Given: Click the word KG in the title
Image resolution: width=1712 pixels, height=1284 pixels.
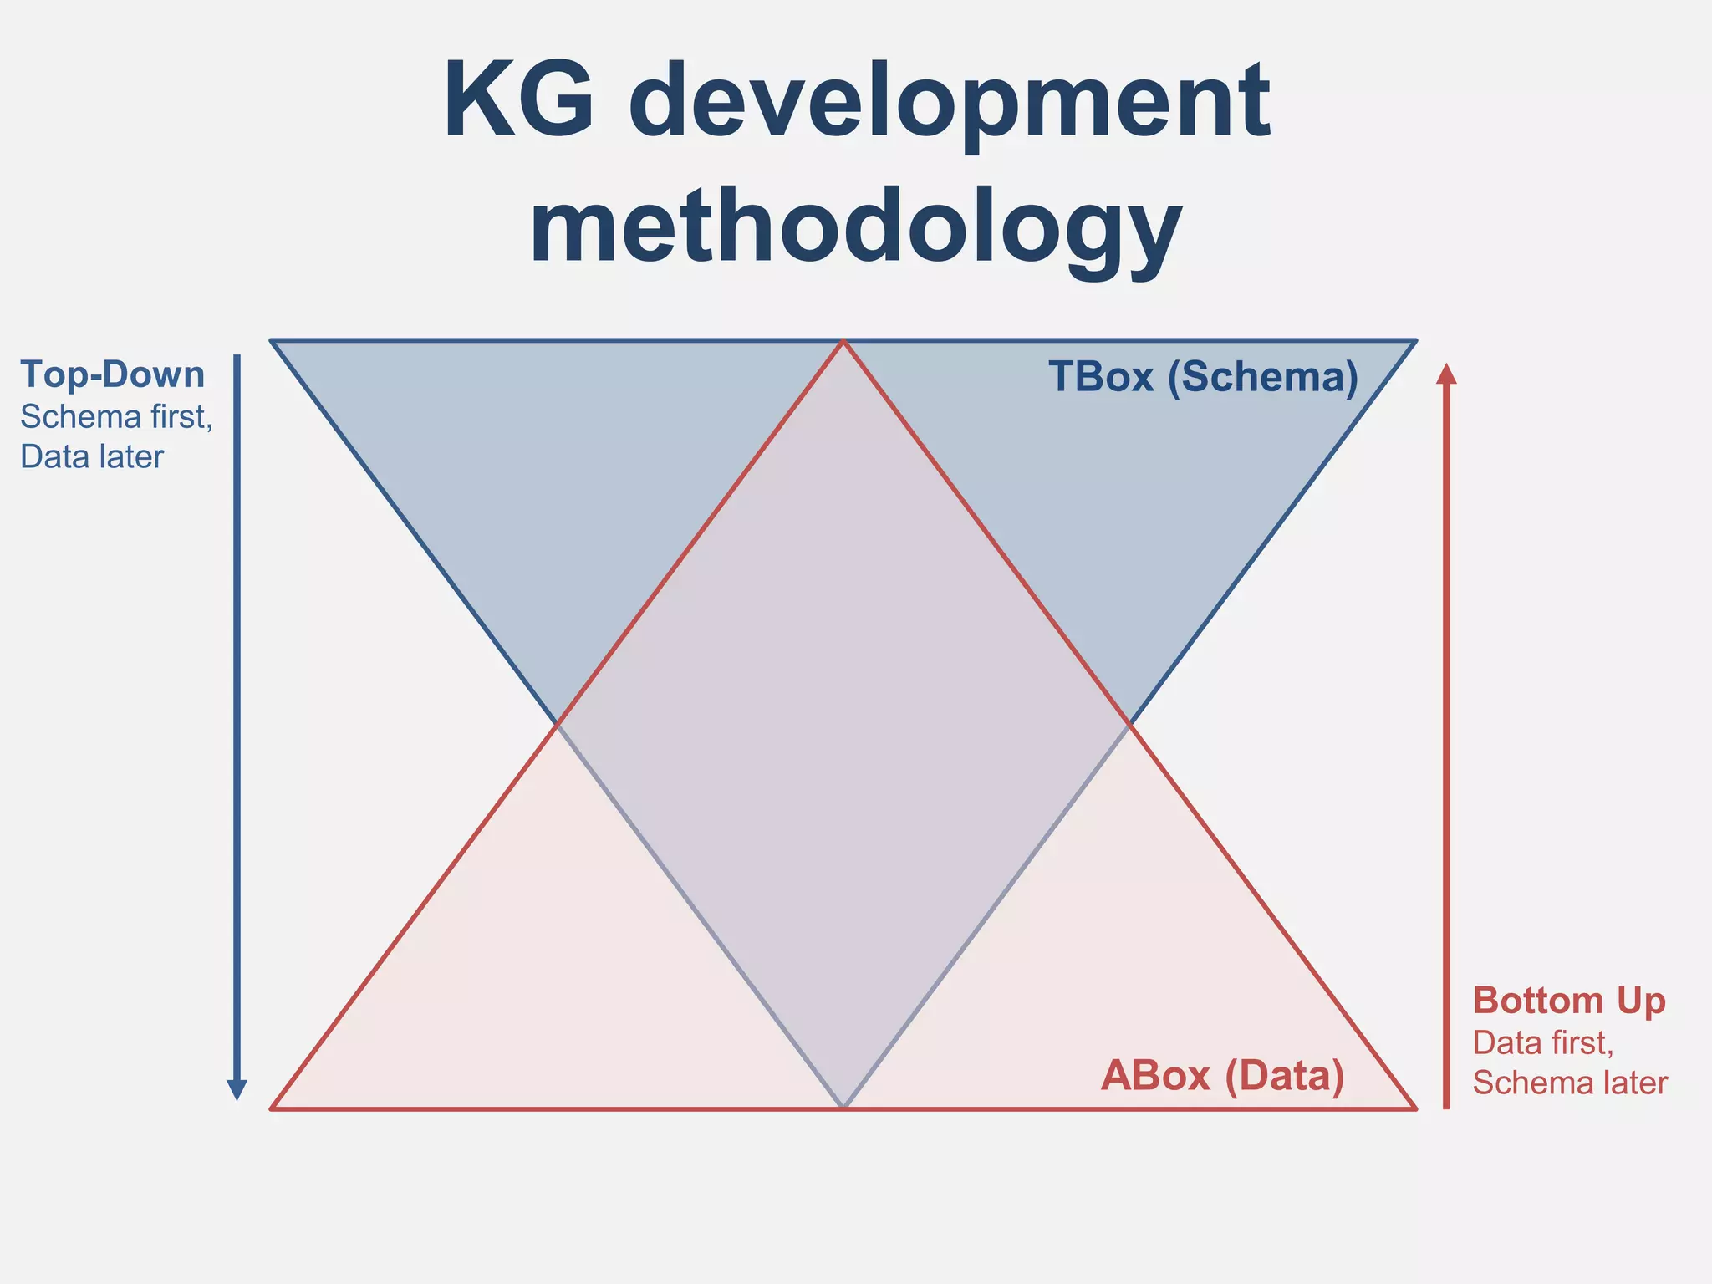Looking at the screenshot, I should (520, 100).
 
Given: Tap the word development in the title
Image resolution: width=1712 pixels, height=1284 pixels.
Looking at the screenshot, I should (949, 104).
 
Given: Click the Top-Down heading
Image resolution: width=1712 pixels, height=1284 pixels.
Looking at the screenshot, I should (112, 374).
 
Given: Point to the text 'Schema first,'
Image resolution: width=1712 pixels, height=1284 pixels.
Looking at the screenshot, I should (116, 416).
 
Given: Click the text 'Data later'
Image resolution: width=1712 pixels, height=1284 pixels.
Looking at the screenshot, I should (92, 456).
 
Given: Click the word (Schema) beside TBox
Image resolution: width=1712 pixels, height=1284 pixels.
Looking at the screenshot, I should (1262, 378).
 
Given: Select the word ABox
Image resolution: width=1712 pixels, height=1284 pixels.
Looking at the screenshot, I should (1155, 1075).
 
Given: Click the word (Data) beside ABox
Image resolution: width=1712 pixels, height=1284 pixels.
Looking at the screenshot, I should (1285, 1076).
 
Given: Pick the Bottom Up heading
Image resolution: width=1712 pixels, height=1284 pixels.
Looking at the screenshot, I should (1569, 1001).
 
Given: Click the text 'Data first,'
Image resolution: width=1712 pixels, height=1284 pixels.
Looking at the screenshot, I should (1542, 1042).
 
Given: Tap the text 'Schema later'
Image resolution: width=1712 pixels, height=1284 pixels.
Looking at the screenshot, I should (1570, 1083).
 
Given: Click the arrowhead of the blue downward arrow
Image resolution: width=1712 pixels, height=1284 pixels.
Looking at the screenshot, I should (237, 1089).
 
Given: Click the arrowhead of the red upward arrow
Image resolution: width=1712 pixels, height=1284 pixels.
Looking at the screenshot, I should (1446, 374).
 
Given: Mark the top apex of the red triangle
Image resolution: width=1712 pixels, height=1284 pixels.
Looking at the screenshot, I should (843, 342).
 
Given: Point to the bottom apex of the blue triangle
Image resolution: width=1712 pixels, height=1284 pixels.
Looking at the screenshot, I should (843, 1107).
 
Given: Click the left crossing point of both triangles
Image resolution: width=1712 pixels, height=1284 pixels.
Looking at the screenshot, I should (557, 724).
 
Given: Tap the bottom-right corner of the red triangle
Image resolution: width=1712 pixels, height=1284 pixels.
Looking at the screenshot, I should (1414, 1108).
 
